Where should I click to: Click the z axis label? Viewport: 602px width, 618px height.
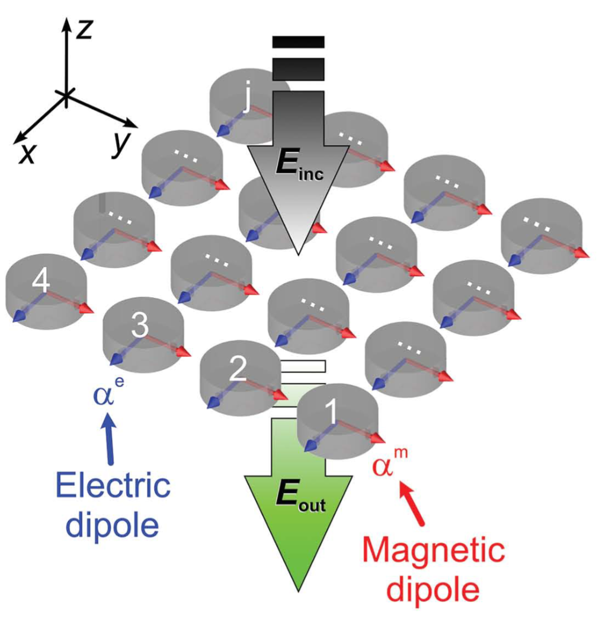(85, 28)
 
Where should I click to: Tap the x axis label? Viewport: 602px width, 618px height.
(26, 154)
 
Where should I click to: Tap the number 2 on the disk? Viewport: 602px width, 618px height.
(237, 370)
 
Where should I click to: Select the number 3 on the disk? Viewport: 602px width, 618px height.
(138, 325)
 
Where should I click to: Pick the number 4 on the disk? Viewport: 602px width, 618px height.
(40, 281)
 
